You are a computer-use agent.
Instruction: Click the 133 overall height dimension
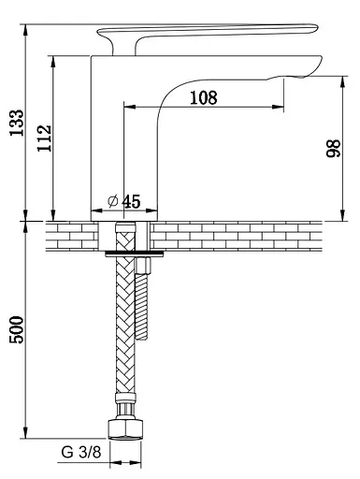17,123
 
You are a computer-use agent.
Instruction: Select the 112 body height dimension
44,138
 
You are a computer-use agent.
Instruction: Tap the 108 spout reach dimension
204,97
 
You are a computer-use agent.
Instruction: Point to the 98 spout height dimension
333,148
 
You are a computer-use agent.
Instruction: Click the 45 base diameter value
131,201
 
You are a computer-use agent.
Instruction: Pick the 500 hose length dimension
17,330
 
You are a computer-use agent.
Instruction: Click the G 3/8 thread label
81,452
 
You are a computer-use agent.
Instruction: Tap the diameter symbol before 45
113,201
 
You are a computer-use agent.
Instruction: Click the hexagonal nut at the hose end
126,429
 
